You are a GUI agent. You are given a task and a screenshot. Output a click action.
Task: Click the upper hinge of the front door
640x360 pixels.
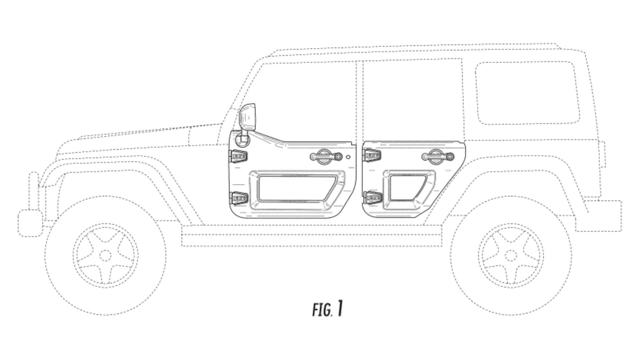point(238,156)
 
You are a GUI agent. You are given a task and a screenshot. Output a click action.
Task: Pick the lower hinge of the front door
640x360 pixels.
point(239,198)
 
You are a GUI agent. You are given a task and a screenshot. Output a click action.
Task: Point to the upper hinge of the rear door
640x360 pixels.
point(372,155)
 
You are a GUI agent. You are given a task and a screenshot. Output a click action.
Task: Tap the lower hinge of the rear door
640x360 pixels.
point(373,198)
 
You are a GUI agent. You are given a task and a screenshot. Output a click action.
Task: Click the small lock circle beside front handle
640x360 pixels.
point(348,157)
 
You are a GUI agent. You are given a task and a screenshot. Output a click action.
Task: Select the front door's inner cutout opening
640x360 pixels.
point(295,188)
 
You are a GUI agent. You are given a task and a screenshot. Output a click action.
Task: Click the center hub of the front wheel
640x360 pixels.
point(105,255)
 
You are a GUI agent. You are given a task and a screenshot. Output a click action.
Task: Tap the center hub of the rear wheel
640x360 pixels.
point(511,255)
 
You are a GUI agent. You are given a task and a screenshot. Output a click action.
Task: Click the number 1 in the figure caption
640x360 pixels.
point(340,308)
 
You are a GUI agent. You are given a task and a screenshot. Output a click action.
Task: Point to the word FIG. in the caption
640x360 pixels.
point(322,310)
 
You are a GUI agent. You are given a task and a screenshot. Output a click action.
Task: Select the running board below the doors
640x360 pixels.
point(312,236)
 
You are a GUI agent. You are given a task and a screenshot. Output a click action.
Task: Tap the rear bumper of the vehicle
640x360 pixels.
point(598,216)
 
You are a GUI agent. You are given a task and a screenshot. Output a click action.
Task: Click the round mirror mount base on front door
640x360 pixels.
point(242,140)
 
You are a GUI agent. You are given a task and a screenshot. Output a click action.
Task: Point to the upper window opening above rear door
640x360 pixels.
point(412,100)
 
